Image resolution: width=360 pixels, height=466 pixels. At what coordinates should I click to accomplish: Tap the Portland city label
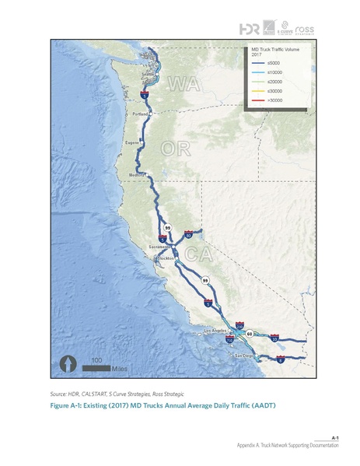(140, 114)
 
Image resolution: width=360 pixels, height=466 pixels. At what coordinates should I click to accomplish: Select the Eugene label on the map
(132, 143)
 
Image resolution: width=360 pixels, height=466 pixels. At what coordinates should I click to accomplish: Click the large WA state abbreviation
(183, 82)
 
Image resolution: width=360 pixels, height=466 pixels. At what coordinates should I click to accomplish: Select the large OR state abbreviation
(175, 148)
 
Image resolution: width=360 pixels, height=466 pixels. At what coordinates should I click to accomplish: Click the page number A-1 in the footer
(334, 439)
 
